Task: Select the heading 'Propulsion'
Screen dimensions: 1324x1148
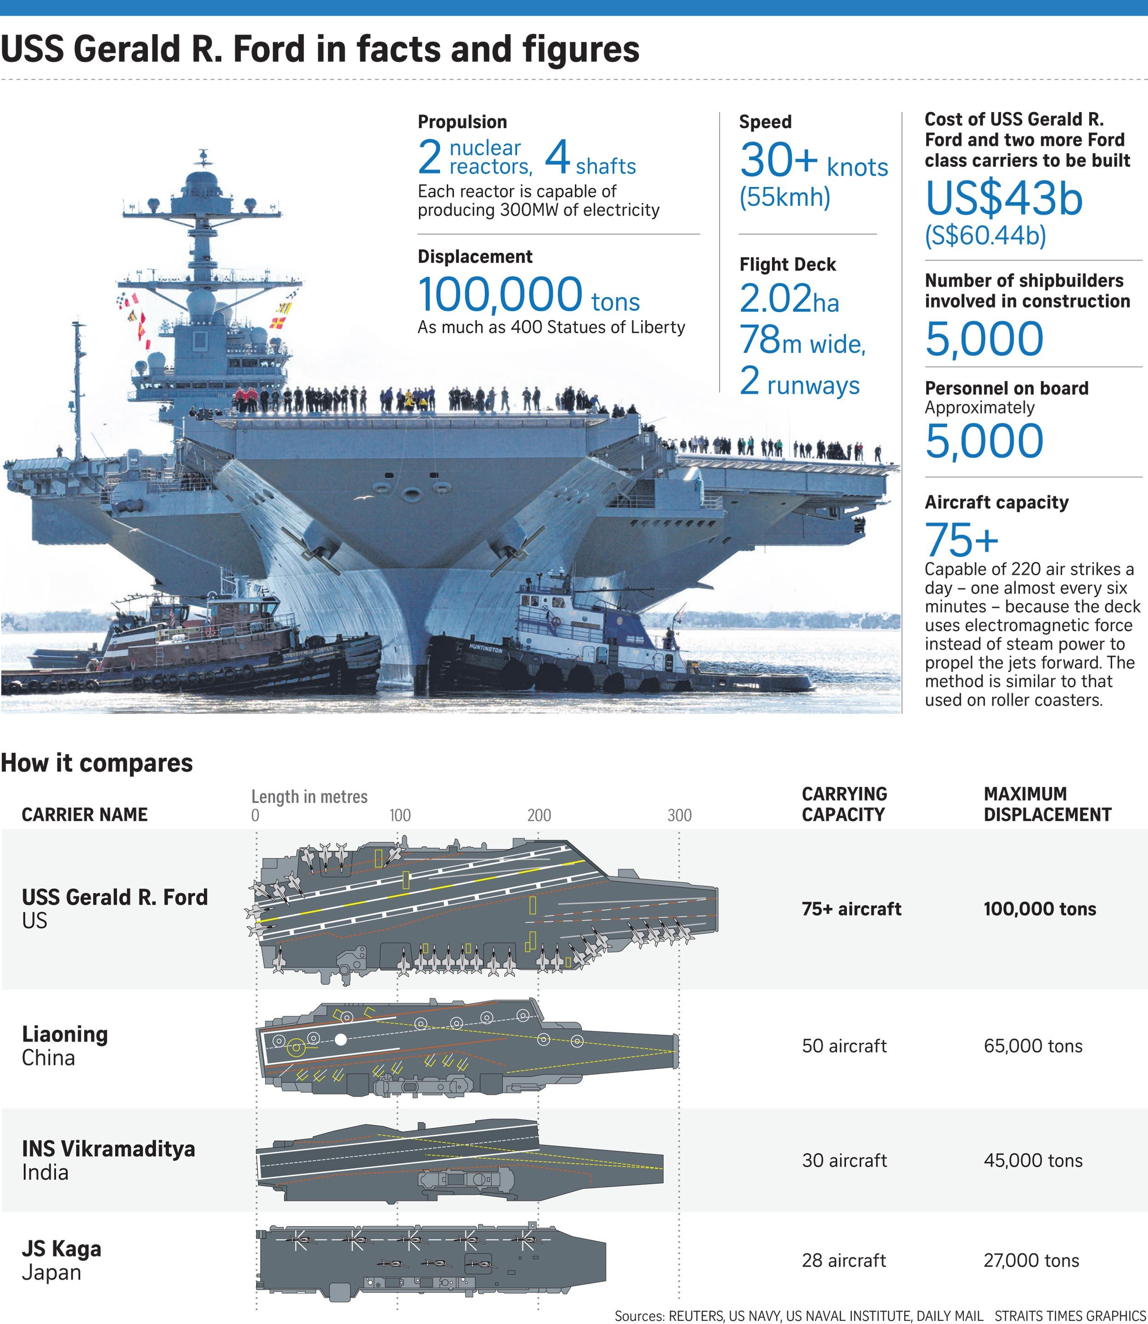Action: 462,122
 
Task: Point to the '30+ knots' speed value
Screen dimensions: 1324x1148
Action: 814,161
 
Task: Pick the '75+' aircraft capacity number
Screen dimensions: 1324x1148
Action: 962,540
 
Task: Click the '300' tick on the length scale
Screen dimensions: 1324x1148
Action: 679,815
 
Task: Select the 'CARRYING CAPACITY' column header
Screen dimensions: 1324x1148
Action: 844,804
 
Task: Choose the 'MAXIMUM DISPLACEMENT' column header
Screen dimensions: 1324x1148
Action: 1047,804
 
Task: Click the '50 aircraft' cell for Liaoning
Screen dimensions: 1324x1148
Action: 844,1046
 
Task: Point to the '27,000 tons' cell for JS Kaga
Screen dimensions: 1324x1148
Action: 1031,1261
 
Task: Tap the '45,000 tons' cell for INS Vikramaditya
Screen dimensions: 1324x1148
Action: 1033,1160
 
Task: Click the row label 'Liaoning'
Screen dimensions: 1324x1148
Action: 65,1034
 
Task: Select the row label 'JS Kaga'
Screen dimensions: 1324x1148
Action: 62,1248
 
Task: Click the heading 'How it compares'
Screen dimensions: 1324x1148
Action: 97,763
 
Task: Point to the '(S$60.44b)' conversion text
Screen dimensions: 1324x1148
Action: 985,236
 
